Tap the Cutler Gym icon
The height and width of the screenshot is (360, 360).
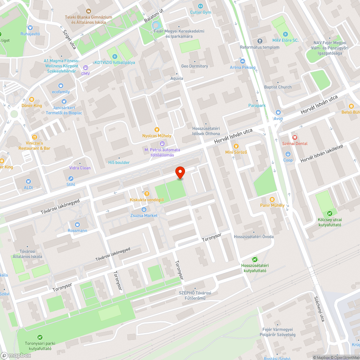[x=201, y=6]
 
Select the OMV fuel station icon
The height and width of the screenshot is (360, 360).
[x=85, y=67]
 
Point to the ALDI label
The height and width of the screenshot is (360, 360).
[x=28, y=188]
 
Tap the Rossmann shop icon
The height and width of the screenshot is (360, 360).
[x=77, y=224]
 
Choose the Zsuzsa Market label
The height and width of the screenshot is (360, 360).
[x=144, y=215]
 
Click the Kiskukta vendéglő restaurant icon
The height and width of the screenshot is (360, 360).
[x=147, y=194]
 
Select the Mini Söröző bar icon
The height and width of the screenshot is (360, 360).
[x=236, y=146]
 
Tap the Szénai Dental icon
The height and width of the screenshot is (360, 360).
[x=294, y=137]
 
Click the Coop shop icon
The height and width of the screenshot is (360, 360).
[x=288, y=154]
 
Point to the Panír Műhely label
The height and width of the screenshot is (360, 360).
[x=272, y=205]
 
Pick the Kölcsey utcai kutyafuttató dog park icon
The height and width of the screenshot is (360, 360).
[x=330, y=213]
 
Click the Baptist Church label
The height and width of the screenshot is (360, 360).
[x=278, y=87]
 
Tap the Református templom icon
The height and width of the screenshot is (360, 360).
[x=260, y=41]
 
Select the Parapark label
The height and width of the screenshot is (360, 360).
[x=257, y=105]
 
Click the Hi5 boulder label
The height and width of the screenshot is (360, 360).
[x=119, y=162]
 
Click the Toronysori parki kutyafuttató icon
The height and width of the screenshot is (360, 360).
[x=40, y=337]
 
